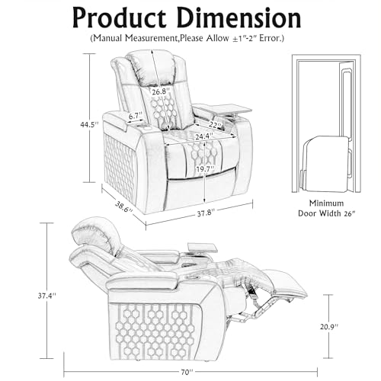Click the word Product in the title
(x=120, y=19)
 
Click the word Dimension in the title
(x=239, y=18)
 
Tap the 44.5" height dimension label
(x=89, y=124)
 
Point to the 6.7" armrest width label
(x=136, y=116)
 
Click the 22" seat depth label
(x=216, y=125)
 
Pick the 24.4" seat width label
(x=204, y=136)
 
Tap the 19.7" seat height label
(x=205, y=168)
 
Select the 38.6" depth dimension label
(x=124, y=207)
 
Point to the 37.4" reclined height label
(x=46, y=296)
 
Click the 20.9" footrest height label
(x=329, y=326)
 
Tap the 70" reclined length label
(x=187, y=373)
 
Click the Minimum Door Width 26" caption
(x=326, y=208)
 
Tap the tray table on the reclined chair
(x=203, y=248)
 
